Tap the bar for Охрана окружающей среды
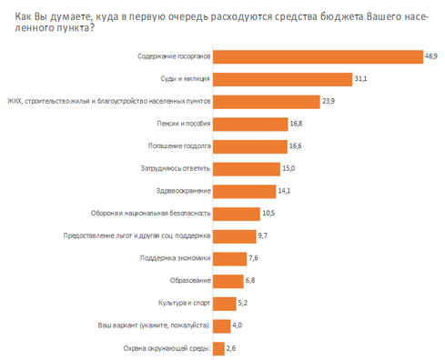[218, 347]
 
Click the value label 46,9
[430, 56]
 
